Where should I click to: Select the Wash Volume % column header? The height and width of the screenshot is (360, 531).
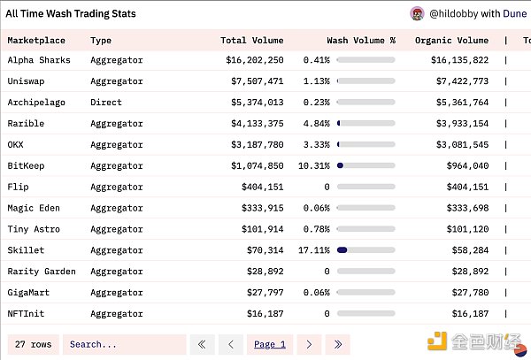pos(361,40)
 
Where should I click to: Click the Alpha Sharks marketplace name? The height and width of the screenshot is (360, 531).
pos(39,60)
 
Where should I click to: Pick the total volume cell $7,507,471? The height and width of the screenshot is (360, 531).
pos(255,81)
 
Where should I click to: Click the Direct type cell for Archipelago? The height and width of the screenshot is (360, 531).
pos(106,103)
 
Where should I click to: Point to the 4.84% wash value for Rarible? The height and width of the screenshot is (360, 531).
pos(316,124)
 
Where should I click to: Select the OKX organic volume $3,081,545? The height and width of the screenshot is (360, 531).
pos(459,145)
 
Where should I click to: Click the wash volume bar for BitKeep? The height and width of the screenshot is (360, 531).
pos(353,165)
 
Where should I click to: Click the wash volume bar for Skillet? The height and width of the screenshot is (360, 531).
pos(353,250)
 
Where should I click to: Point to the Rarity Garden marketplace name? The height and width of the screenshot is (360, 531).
pos(42,272)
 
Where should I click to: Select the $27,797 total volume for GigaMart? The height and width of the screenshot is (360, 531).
pos(263,293)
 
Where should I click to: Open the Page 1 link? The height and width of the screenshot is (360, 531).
pos(270,344)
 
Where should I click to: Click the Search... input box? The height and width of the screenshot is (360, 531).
pos(124,344)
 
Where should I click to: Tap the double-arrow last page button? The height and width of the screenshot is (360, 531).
pos(337,344)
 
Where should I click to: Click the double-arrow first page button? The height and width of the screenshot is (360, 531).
pos(203,344)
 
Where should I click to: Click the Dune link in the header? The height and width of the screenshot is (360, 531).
pos(514,14)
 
